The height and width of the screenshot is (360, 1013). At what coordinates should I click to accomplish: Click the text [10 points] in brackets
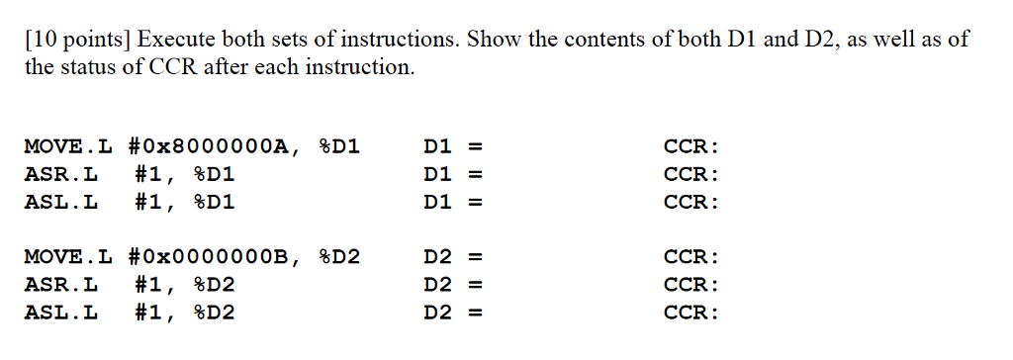click(77, 40)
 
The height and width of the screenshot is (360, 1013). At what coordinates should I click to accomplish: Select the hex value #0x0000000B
click(211, 257)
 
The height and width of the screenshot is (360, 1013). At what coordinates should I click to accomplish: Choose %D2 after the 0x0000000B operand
click(339, 257)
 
